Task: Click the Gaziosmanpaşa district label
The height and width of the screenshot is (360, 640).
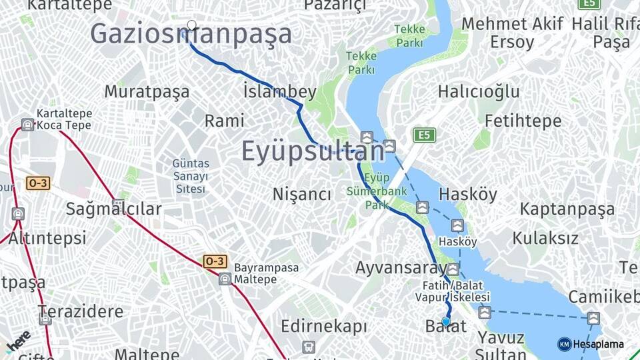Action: click(191, 34)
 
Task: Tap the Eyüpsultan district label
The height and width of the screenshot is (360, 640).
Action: click(313, 151)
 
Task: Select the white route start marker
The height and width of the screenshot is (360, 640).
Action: click(192, 25)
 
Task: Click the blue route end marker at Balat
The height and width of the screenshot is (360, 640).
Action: click(446, 322)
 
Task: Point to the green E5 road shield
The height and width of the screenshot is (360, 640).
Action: click(423, 135)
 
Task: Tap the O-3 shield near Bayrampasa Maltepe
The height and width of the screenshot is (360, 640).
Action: click(214, 261)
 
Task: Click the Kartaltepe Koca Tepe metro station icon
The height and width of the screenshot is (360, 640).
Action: click(27, 125)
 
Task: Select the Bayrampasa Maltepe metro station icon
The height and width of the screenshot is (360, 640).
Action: click(225, 279)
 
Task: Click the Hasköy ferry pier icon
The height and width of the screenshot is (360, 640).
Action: click(457, 226)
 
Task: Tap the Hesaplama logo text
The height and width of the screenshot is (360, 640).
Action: click(598, 344)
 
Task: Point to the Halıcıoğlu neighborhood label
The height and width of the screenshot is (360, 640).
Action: click(479, 91)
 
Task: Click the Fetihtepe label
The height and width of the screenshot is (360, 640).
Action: click(523, 121)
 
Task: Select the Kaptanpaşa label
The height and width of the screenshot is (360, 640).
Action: click(567, 209)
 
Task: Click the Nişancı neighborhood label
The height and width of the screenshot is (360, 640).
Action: click(302, 194)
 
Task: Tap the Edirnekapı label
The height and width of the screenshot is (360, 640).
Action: click(324, 327)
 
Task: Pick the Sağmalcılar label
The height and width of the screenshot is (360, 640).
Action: click(113, 209)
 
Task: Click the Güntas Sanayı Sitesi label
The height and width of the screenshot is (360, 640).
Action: click(191, 176)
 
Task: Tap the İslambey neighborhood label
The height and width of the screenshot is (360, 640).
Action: click(280, 91)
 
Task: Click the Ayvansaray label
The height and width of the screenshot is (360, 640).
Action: click(400, 268)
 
